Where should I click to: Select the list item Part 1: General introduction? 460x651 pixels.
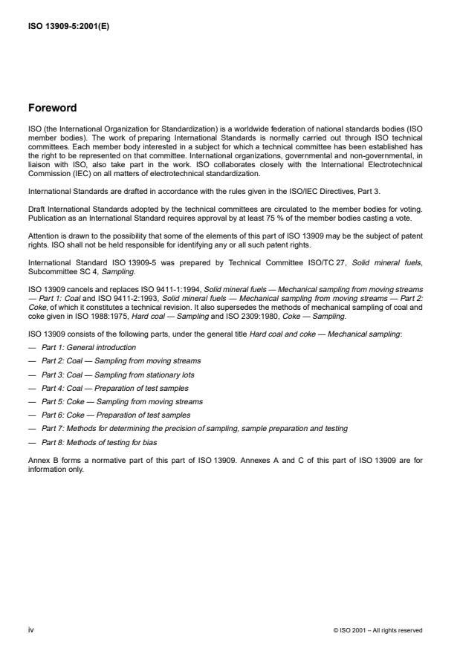[x=88, y=347]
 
